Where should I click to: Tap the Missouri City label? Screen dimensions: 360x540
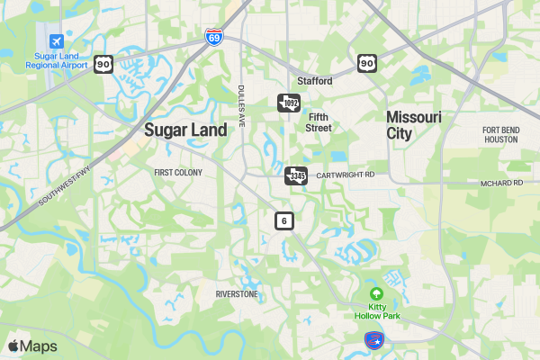click(x=413, y=125)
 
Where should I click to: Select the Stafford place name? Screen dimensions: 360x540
click(x=315, y=81)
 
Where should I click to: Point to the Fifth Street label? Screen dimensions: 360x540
click(x=319, y=122)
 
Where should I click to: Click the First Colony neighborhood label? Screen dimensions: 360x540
click(x=178, y=172)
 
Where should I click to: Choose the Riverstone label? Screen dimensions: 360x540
click(x=237, y=294)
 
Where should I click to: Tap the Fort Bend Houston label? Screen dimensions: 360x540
click(x=500, y=134)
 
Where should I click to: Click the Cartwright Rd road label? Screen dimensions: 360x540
click(x=345, y=175)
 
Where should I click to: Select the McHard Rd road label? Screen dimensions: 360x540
click(x=501, y=183)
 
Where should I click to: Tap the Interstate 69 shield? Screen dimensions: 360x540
click(x=213, y=37)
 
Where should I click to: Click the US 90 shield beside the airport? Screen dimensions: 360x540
click(x=103, y=64)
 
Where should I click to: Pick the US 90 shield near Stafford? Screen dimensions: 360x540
click(x=365, y=62)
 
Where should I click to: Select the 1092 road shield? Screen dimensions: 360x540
click(x=288, y=103)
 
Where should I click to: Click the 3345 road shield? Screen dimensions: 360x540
click(x=296, y=175)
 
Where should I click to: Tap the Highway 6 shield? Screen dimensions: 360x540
click(x=284, y=220)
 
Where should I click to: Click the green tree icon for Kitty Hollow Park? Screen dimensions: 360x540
click(x=376, y=294)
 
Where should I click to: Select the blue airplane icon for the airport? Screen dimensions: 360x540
click(x=57, y=41)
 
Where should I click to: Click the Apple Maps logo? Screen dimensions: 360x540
click(x=32, y=346)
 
